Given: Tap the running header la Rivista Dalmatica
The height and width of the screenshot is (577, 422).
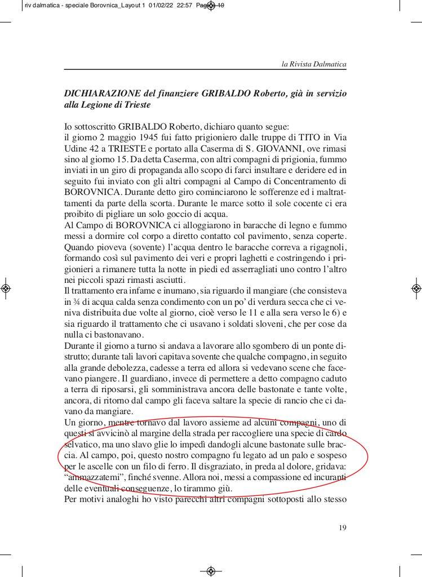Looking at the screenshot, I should [x=314, y=65].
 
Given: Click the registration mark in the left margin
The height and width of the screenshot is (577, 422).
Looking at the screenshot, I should [x=6, y=288].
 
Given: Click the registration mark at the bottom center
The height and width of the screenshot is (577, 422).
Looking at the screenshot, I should [x=211, y=570].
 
